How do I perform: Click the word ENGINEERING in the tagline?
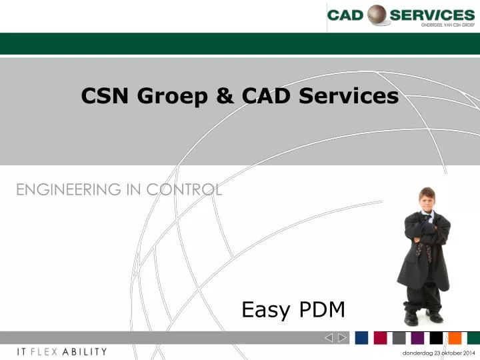coord(65,189)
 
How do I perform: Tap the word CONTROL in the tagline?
coord(185,189)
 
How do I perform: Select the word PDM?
coord(323,309)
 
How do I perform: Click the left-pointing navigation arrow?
coord(329,337)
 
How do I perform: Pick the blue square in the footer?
coord(361,337)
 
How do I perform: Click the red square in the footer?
coord(380,337)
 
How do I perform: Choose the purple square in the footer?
coord(417,337)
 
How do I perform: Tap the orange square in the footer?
coord(455,337)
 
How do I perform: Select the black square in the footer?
coord(436,337)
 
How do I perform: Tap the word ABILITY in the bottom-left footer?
coord(84,351)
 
